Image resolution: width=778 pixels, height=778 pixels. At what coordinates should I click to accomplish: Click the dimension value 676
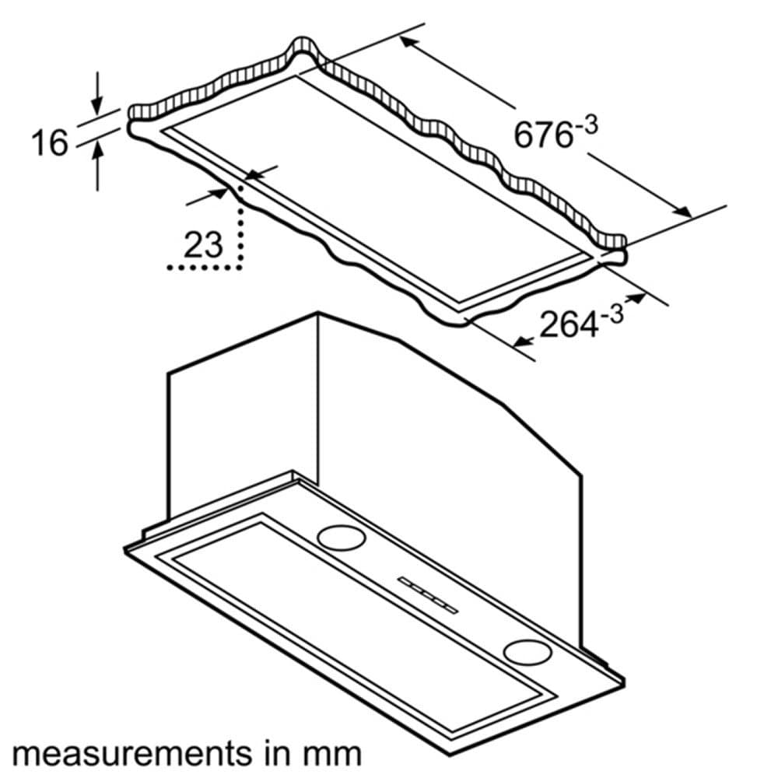(x=541, y=134)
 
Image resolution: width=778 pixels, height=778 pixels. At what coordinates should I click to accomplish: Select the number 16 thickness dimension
(x=48, y=143)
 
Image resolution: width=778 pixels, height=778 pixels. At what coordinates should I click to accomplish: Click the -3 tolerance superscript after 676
(x=585, y=125)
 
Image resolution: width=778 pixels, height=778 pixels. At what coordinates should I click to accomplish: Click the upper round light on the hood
(x=341, y=536)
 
